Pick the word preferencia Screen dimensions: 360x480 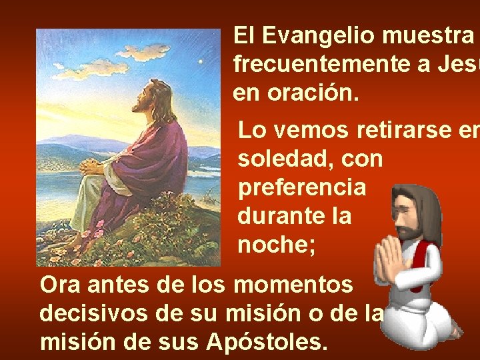click(302, 188)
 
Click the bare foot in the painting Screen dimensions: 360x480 click(75, 240)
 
